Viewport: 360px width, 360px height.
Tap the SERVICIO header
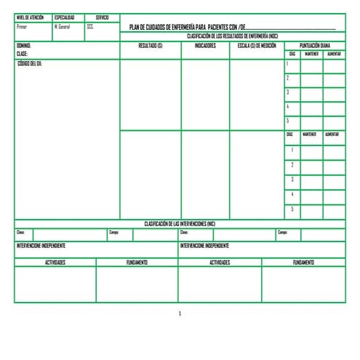click(102, 17)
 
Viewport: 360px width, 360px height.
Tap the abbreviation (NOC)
click(273, 36)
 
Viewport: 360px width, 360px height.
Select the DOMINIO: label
click(24, 45)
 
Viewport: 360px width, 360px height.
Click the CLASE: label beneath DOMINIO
click(22, 54)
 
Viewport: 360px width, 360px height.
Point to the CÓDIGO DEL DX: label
click(30, 63)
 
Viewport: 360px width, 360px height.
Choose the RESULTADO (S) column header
click(150, 45)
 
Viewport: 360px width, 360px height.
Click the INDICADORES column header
click(206, 45)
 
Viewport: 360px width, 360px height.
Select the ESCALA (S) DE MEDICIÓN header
click(257, 45)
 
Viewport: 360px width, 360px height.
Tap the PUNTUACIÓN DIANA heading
click(315, 45)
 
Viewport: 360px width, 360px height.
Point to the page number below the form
click(180, 313)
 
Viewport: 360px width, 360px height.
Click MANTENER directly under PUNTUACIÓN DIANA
click(311, 54)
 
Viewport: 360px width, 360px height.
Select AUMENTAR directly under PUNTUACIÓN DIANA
click(334, 54)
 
